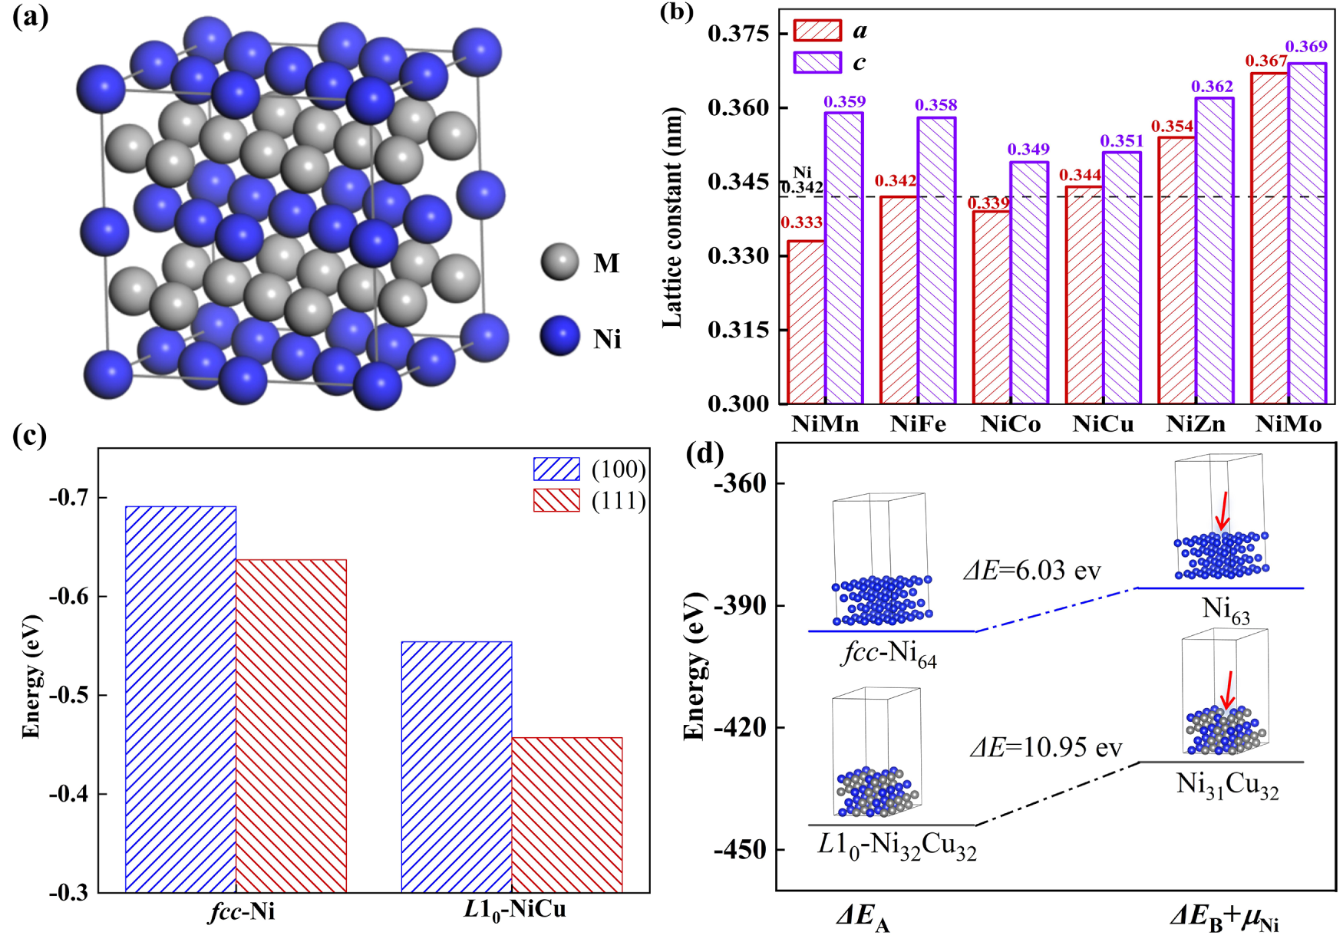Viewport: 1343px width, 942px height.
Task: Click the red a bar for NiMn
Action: coord(806,322)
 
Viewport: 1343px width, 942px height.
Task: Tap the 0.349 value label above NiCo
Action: coord(1028,149)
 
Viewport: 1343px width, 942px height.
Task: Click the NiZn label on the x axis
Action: coord(1196,424)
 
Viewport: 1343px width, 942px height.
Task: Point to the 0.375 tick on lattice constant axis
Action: coord(738,34)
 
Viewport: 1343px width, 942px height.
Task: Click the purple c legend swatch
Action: coord(817,62)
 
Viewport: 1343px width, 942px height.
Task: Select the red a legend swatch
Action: coord(817,31)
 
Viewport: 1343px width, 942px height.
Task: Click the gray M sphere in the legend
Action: coord(559,262)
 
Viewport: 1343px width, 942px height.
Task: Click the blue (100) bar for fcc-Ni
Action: coord(180,699)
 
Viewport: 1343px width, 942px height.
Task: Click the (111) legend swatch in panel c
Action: coord(556,501)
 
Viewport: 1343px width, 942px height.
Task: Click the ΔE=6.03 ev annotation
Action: coord(1032,571)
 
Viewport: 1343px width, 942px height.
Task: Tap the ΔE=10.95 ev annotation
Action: coord(1045,746)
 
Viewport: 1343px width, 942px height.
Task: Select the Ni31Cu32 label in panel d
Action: coord(1227,786)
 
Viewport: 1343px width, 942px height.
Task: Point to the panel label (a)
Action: coord(30,17)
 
